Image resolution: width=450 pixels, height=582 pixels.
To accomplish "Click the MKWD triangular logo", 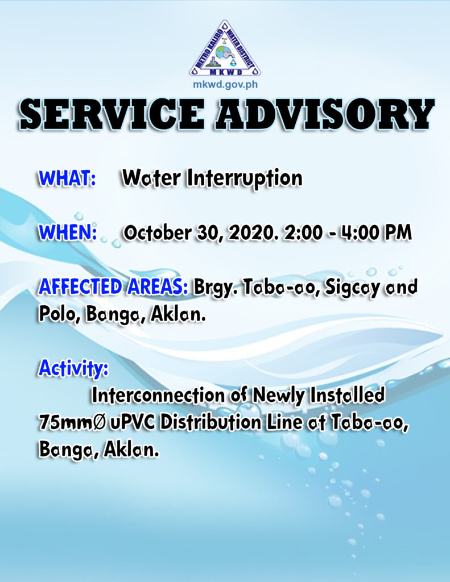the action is [225, 48].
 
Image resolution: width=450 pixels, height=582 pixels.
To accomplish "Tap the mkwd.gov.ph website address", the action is [225, 85].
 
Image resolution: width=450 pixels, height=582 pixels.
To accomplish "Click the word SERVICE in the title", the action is [112, 114].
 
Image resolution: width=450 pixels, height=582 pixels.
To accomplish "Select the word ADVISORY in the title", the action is [325, 114].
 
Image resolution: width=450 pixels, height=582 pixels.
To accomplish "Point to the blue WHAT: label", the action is [67, 178].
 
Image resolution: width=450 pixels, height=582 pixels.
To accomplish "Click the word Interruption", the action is [245, 179].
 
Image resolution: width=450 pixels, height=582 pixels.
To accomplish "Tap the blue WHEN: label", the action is [68, 232].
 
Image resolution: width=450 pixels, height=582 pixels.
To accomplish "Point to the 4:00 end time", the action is [360, 232].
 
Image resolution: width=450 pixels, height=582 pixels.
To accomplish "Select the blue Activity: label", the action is [73, 368].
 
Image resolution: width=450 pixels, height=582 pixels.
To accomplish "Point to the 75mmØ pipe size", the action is [72, 422].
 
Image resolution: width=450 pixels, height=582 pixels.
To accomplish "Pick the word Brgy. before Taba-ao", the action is [216, 288].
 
